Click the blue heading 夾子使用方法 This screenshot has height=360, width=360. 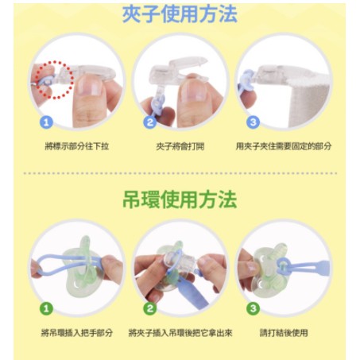click(180, 14)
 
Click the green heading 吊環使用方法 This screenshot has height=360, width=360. click(180, 199)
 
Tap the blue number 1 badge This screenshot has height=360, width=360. click(46, 122)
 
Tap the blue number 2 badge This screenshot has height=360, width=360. click(150, 122)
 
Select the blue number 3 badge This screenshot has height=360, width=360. click(253, 122)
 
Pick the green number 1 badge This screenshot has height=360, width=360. click(46, 308)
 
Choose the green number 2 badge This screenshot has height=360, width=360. click(150, 308)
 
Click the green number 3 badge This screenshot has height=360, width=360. click(253, 308)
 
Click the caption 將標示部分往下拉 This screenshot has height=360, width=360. click(77, 146)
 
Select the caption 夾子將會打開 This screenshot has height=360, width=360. click(180, 146)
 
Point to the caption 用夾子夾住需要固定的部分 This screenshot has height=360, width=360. click(284, 146)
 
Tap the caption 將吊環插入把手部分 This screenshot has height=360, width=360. click(77, 333)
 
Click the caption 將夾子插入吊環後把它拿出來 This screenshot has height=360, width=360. click(180, 333)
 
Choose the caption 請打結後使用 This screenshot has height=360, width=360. click(284, 333)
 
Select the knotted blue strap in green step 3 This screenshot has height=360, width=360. click(302, 265)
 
